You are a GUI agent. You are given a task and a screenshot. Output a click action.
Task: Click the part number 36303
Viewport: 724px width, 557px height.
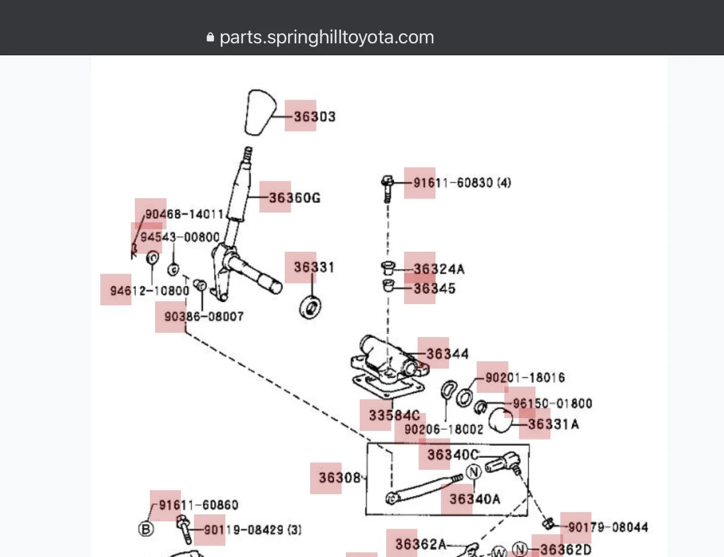(314, 116)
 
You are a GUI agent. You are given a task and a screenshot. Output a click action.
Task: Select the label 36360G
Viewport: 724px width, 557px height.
(294, 198)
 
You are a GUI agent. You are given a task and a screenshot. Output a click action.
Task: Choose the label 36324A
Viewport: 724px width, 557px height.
(439, 269)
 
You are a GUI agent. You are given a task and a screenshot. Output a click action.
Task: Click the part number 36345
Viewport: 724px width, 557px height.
(434, 288)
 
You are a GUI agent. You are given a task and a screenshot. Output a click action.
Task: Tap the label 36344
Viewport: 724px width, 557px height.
(447, 354)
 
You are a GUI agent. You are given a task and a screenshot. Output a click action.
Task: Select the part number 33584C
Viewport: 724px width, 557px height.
(394, 415)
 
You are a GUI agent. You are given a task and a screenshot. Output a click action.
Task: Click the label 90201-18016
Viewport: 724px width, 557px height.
(525, 378)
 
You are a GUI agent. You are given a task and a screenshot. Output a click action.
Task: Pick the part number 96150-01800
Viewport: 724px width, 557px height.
(552, 403)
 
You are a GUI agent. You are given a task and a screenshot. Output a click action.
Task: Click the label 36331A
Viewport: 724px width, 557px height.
(553, 425)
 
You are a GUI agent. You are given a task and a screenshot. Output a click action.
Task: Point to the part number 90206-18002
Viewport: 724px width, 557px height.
(444, 429)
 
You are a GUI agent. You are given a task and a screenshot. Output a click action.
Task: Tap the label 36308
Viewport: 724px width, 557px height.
(340, 478)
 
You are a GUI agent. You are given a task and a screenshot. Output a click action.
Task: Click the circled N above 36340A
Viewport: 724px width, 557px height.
(473, 472)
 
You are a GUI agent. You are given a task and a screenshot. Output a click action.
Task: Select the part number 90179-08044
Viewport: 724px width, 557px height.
(608, 527)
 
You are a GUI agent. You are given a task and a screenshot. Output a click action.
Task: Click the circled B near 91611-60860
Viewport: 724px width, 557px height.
(146, 529)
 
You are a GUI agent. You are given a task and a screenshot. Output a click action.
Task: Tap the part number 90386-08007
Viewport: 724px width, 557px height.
(204, 316)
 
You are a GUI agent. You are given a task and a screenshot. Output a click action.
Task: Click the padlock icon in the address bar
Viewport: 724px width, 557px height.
(210, 37)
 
